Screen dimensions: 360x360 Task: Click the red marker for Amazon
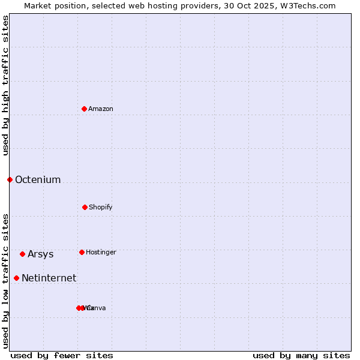pyautogui.click(x=85, y=109)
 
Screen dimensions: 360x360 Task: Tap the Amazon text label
pyautogui.click(x=101, y=109)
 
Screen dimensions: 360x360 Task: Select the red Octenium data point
pyautogui.click(x=10, y=179)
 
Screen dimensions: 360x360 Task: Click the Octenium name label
pyautogui.click(x=38, y=179)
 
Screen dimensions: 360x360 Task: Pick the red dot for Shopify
pyautogui.click(x=85, y=207)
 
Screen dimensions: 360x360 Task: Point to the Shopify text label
pyautogui.click(x=101, y=207)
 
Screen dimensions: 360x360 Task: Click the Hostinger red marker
pyautogui.click(x=82, y=252)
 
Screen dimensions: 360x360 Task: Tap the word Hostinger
pyautogui.click(x=101, y=252)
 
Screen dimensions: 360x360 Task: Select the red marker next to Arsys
pyautogui.click(x=22, y=254)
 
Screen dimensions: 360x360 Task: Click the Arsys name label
pyautogui.click(x=41, y=254)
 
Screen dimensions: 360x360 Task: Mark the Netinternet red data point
pyautogui.click(x=16, y=278)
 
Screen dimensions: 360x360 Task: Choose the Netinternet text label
pyautogui.click(x=49, y=278)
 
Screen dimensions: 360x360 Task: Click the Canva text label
pyautogui.click(x=97, y=308)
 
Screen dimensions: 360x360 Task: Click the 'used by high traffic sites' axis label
pyautogui.click(x=5, y=85)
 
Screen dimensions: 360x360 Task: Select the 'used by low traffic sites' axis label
pyautogui.click(x=5, y=281)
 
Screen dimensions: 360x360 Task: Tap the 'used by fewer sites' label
pyautogui.click(x=62, y=355)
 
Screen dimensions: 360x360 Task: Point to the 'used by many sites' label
pyautogui.click(x=301, y=355)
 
